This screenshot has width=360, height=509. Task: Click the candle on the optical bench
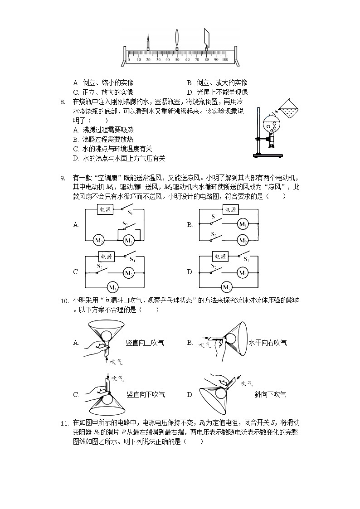point(148,44)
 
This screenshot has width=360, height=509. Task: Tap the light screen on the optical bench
point(207,39)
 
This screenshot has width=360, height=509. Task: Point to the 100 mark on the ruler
point(225,60)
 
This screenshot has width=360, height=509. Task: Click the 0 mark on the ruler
point(129,60)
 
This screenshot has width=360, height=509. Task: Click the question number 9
point(63,177)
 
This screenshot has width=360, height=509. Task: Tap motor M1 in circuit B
point(243,224)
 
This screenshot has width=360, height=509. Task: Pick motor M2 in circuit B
point(243,240)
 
